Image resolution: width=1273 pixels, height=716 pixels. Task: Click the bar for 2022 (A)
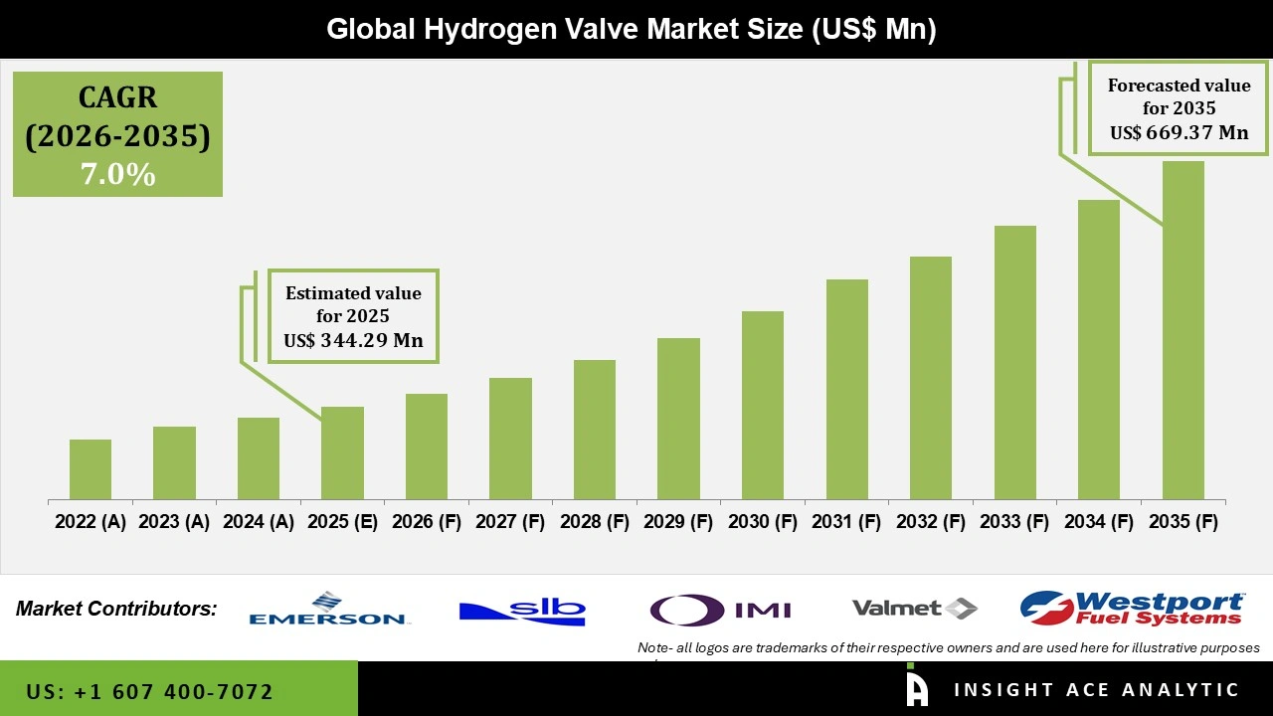91,469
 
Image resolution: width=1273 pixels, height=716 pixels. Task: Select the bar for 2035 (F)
1182,330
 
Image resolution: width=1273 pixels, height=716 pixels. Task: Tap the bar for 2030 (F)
763,405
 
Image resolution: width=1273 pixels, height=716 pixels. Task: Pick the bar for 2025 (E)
342,452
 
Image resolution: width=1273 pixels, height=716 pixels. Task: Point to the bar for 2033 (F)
1014,362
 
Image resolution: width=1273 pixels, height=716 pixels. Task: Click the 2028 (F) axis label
595,522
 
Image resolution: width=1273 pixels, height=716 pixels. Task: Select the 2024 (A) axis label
259,522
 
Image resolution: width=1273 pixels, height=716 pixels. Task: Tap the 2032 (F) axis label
931,522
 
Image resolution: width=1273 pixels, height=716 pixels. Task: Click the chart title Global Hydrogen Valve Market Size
632,30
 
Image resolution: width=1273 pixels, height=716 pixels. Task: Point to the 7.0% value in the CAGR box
117,175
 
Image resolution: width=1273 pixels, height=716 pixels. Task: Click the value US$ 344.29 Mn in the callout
353,340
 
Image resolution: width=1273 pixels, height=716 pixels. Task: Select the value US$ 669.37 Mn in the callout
1179,132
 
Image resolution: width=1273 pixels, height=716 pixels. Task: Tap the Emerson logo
328,609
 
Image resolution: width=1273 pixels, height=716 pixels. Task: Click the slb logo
522,609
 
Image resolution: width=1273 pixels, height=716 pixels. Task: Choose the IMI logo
720,609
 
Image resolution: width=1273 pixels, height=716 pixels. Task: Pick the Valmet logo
914,608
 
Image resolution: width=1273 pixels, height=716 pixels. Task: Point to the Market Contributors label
116,609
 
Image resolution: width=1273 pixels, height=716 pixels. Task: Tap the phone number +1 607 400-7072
149,691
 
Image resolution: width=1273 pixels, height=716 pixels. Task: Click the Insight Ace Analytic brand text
1096,690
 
